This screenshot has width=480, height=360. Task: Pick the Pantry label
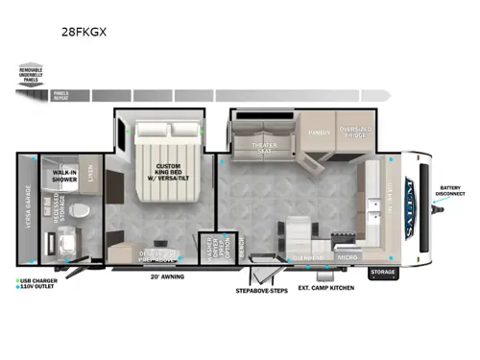click(320, 134)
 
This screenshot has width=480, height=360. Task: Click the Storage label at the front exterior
click(382, 272)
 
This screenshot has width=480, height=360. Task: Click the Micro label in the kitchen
click(348, 257)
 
